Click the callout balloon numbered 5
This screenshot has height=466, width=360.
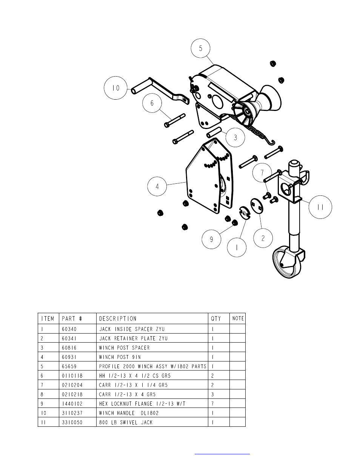pyautogui.click(x=200, y=48)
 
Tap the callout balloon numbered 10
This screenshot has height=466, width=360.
pyautogui.click(x=115, y=88)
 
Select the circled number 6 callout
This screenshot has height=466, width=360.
pyautogui.click(x=152, y=103)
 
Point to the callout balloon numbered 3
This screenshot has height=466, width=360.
pyautogui.click(x=235, y=137)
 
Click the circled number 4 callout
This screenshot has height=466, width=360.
pyautogui.click(x=157, y=186)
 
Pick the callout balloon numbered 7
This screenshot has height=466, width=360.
pyautogui.click(x=262, y=173)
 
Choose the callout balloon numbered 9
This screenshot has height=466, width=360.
pyautogui.click(x=211, y=239)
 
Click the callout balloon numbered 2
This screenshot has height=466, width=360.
pyautogui.click(x=263, y=238)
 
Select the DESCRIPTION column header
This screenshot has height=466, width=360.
pyautogui.click(x=117, y=318)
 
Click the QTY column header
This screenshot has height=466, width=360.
pyautogui.click(x=216, y=318)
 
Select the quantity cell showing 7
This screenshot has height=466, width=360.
pyautogui.click(x=213, y=404)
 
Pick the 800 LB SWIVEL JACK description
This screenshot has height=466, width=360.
pyautogui.click(x=126, y=422)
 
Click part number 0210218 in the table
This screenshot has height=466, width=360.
pyautogui.click(x=72, y=394)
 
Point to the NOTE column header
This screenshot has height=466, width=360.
pyautogui.click(x=238, y=318)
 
